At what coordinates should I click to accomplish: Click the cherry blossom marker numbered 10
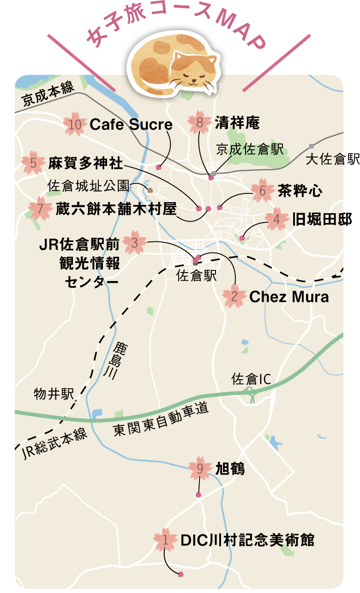pyautogui.click(x=74, y=124)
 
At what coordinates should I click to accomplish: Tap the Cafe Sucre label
pyautogui.click(x=131, y=125)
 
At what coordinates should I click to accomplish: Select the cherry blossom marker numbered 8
pyautogui.click(x=199, y=122)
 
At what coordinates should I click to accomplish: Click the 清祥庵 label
pyautogui.click(x=237, y=123)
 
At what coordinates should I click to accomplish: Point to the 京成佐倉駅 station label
pyautogui.click(x=250, y=150)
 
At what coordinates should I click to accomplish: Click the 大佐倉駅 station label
pyautogui.click(x=332, y=160)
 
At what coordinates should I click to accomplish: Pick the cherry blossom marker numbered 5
pyautogui.click(x=33, y=163)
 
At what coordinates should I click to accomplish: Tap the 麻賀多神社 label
pyautogui.click(x=85, y=163)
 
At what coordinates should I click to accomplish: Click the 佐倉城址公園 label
pyautogui.click(x=88, y=186)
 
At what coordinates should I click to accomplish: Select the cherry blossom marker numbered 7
pyautogui.click(x=40, y=209)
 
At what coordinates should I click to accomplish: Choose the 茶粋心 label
pyautogui.click(x=300, y=191)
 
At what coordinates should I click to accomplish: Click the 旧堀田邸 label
pyautogui.click(x=322, y=220)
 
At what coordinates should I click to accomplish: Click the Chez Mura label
pyautogui.click(x=289, y=297)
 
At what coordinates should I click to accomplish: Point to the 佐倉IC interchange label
pyautogui.click(x=251, y=379)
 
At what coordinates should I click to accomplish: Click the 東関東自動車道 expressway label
pyautogui.click(x=161, y=421)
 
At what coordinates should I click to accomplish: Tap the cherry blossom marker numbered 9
pyautogui.click(x=200, y=469)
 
